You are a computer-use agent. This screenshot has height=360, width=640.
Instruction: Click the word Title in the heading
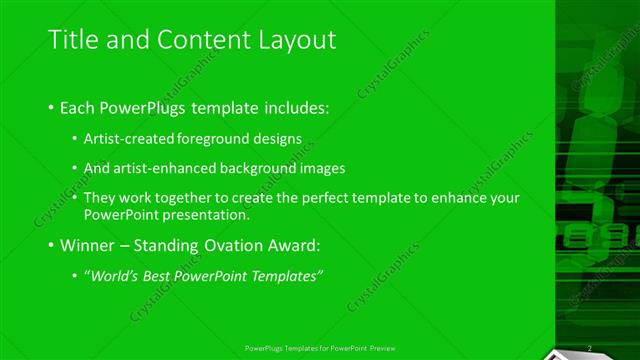pos(73,39)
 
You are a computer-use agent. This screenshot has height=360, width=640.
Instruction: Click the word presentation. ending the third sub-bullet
pos(206,214)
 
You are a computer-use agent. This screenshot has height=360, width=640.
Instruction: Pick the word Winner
pos(88,245)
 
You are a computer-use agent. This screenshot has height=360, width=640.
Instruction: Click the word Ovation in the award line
pos(240,245)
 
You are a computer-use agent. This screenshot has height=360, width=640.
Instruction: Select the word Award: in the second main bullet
pos(299,245)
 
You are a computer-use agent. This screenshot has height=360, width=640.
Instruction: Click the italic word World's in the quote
pos(113,276)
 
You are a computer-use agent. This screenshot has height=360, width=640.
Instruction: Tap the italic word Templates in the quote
pos(290,276)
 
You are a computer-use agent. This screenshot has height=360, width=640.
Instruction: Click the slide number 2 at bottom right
pos(590,348)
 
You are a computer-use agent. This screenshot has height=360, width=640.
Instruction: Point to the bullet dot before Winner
pos(52,246)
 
